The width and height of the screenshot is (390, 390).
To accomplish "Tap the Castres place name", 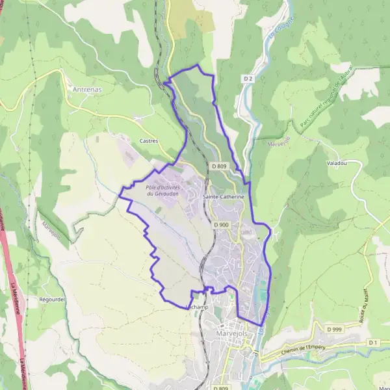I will (x=149, y=140).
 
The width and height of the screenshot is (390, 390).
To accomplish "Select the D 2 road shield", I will (x=247, y=79).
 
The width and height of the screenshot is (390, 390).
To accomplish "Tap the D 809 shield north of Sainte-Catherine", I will (x=218, y=166).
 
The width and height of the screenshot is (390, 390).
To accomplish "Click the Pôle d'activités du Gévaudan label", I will (x=162, y=190).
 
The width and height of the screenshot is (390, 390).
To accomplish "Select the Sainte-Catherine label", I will (x=224, y=196).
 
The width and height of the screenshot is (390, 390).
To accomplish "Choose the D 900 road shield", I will (x=221, y=225).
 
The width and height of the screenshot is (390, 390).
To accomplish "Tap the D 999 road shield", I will (x=334, y=330).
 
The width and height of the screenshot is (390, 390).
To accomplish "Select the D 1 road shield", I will (x=372, y=342).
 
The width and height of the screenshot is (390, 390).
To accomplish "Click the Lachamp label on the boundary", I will (x=196, y=307).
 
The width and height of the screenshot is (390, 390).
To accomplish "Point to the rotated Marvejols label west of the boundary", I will (x=51, y=231).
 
